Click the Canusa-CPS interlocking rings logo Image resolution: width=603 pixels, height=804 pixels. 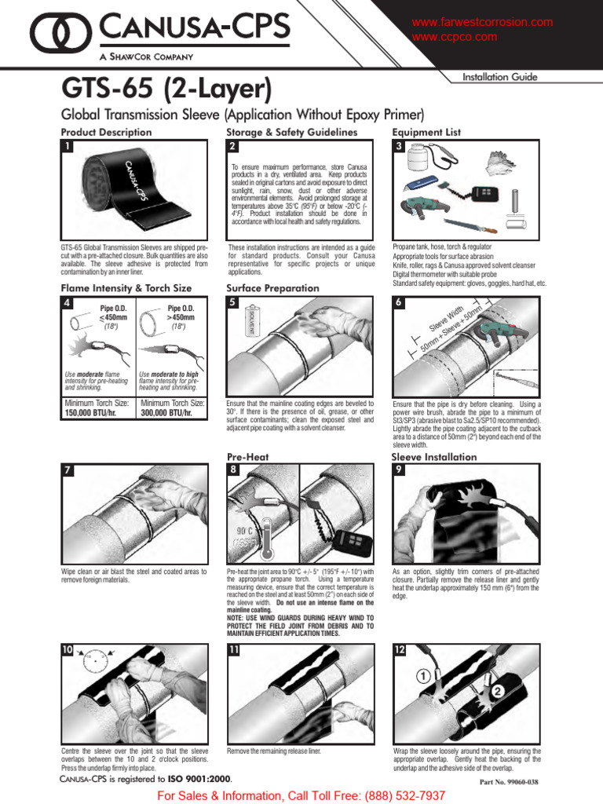point(62,32)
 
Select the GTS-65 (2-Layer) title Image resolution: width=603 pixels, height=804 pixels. point(166,87)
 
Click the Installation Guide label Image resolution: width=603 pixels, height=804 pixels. point(500,77)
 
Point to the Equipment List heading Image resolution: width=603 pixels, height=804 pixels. point(426,133)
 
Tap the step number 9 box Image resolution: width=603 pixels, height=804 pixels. point(399,470)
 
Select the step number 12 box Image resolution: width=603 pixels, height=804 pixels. point(400,649)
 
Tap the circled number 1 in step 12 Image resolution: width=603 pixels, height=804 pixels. point(422,674)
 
